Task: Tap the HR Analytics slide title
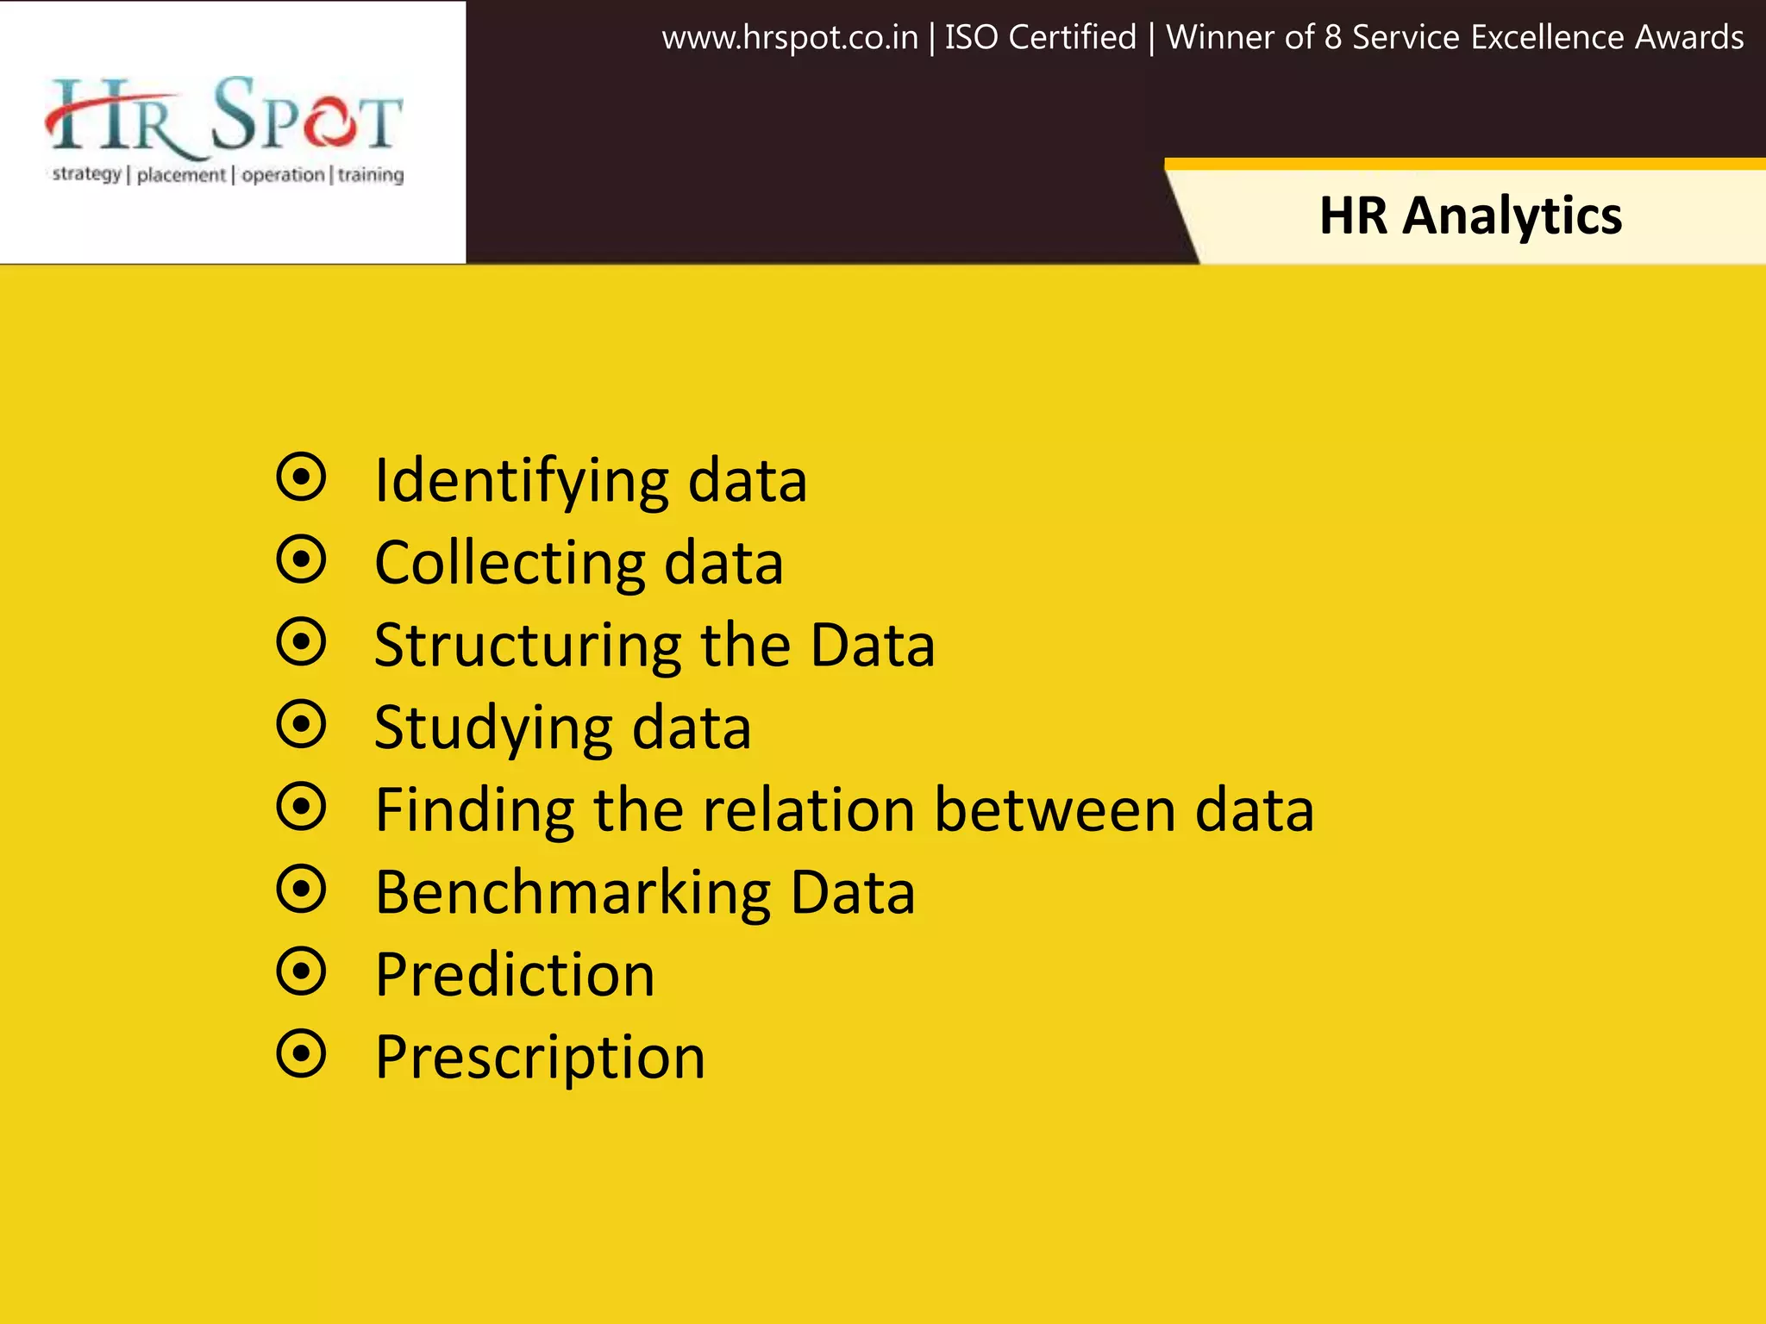click(1470, 215)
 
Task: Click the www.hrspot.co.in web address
click(789, 38)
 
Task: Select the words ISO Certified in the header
click(1040, 38)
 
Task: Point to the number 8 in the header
click(1332, 38)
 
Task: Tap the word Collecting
click(509, 563)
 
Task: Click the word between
click(1055, 810)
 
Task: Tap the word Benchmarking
click(573, 893)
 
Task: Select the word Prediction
click(515, 975)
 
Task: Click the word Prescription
click(540, 1058)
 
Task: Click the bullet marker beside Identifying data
click(301, 477)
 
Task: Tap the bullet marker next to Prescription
click(301, 1053)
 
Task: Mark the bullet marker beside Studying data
click(301, 724)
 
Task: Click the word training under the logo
click(370, 175)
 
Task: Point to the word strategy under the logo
click(86, 175)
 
